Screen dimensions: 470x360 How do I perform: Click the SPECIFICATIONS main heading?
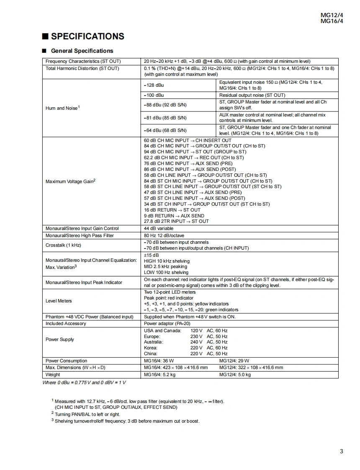pos(87,36)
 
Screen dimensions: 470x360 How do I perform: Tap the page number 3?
pos(342,451)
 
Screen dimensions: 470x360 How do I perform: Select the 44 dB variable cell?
pos(159,228)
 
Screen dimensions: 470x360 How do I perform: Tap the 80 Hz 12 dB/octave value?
pos(164,235)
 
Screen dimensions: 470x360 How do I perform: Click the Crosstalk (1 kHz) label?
pos(63,245)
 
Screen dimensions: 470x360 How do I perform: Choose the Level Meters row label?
pos(59,301)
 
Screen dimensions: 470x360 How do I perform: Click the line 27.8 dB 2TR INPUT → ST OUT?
pos(176,221)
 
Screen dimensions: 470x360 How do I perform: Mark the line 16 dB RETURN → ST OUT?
pos(172,210)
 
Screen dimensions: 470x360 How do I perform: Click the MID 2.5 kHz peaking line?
pos(165,266)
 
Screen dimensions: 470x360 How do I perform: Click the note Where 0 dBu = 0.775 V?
pos(84,382)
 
